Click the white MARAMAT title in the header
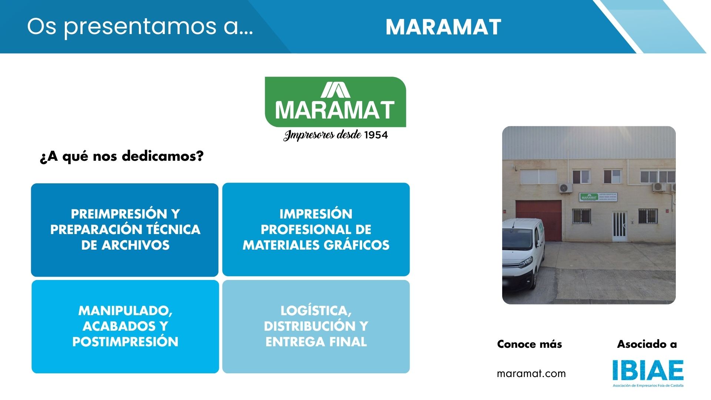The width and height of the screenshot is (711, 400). tap(443, 27)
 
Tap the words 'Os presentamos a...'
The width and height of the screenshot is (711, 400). tap(140, 27)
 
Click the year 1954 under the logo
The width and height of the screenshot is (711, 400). tap(376, 135)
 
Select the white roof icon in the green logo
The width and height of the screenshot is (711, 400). tap(336, 90)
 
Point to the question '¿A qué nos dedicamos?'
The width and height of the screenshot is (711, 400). tap(122, 156)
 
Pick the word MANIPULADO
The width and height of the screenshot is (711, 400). tap(125, 311)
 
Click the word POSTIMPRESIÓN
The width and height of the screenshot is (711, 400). tap(125, 342)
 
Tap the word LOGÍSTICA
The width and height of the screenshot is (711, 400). tap(316, 311)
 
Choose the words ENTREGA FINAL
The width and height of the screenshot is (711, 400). tap(316, 342)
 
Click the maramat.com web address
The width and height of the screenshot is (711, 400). tap(531, 374)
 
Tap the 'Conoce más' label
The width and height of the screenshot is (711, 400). tap(529, 344)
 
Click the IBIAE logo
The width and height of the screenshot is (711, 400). tap(648, 371)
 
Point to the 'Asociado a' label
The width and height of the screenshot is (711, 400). tap(647, 344)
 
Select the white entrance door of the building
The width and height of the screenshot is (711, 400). tap(619, 226)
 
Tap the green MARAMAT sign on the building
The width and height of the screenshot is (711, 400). tap(589, 197)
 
